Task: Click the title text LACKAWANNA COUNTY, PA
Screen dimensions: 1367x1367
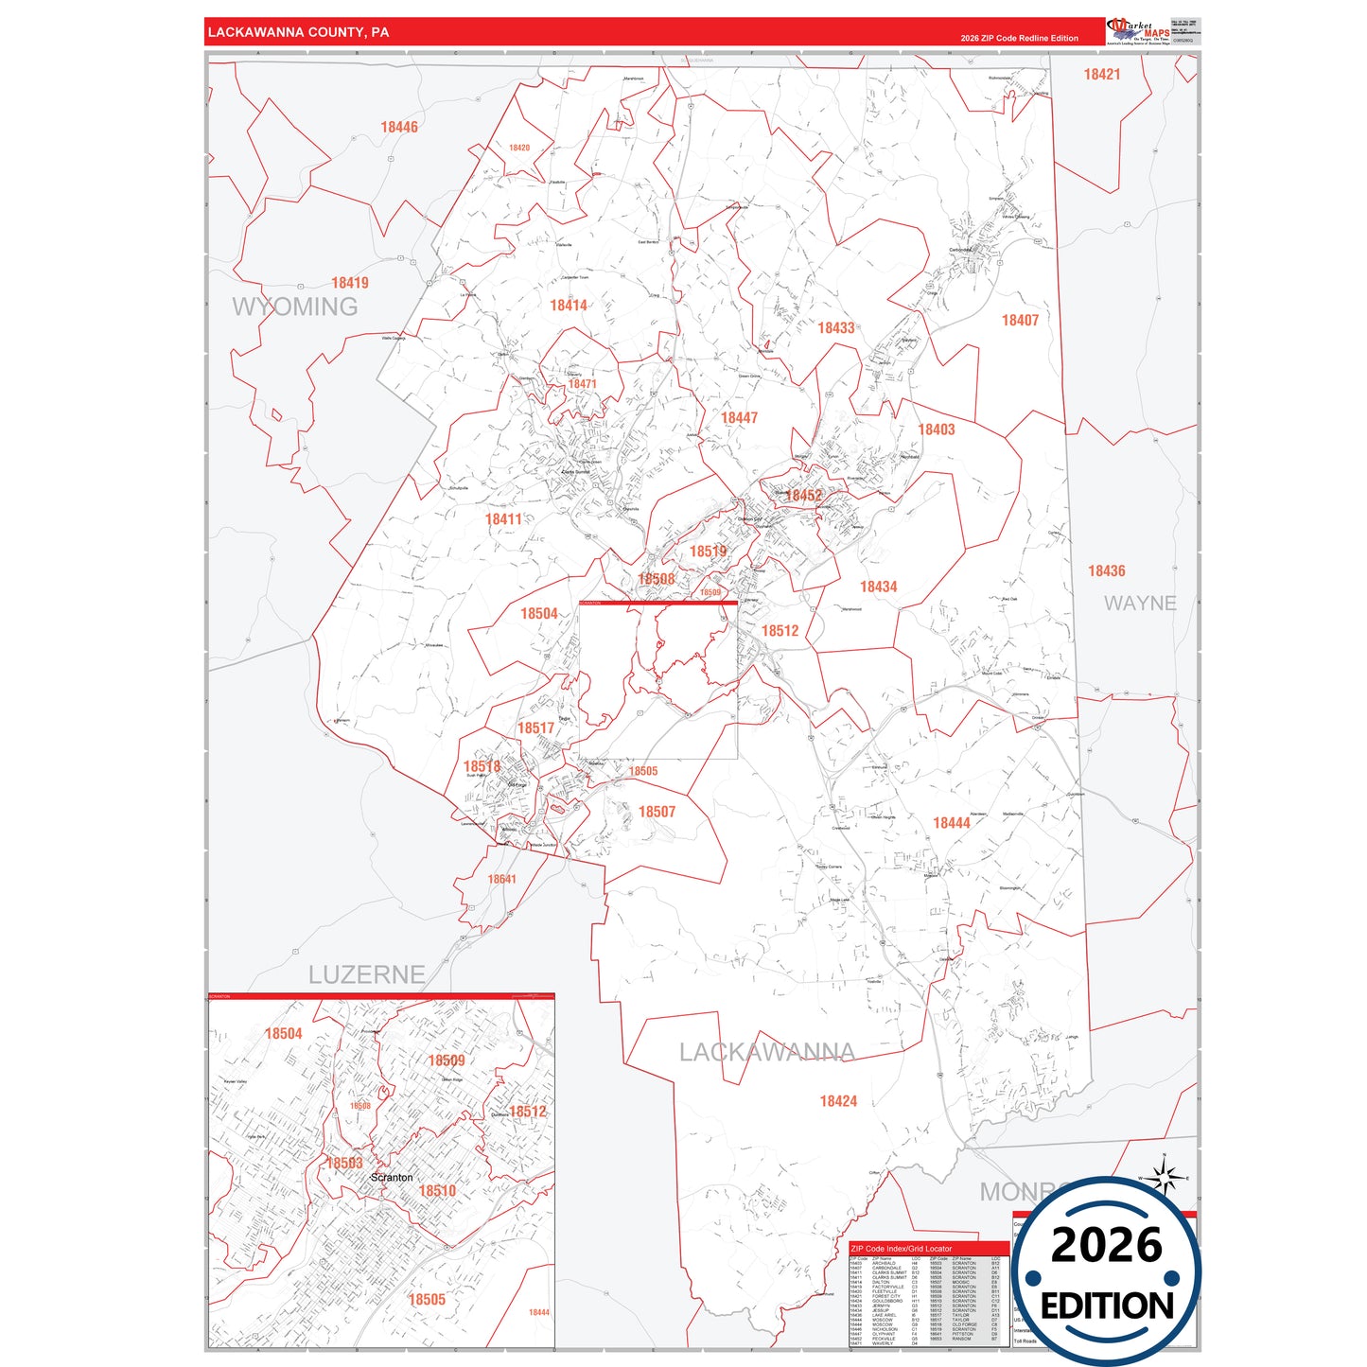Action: (298, 32)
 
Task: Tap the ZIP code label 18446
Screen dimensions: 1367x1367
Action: (399, 127)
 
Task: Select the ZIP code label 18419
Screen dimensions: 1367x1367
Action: (350, 283)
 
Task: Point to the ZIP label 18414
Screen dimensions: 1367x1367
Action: (569, 306)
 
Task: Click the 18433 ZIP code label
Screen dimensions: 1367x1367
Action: (836, 328)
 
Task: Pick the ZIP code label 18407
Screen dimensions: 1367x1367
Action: (1020, 321)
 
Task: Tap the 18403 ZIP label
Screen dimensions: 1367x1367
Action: (937, 429)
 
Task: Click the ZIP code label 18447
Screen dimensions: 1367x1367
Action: (739, 418)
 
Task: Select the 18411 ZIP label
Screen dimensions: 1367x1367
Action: (503, 519)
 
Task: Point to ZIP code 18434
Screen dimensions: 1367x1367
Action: (878, 587)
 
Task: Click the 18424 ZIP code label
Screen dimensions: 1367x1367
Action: (838, 1101)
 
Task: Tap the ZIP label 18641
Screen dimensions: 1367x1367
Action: (502, 880)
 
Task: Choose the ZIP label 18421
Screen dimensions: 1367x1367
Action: (1102, 75)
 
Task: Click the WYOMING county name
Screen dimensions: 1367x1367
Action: (295, 307)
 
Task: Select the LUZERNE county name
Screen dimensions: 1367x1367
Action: (366, 974)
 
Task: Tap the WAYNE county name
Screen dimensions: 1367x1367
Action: (1140, 604)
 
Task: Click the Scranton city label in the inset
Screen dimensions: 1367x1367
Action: (392, 1178)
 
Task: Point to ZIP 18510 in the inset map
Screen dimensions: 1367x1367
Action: (437, 1191)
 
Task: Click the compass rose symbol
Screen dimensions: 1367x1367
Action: (1165, 1177)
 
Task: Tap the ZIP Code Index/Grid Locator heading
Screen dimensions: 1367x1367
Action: (902, 1249)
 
